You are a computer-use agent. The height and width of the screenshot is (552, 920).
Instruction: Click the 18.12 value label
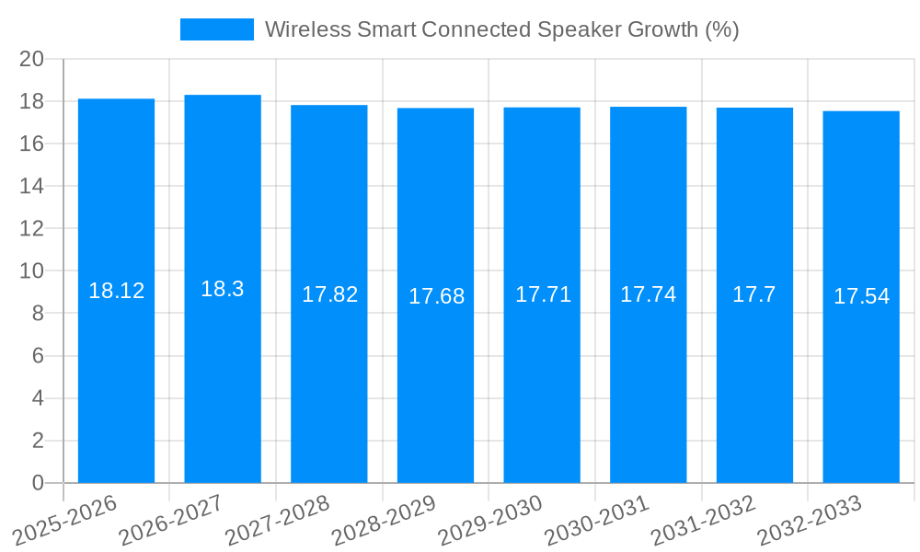(116, 291)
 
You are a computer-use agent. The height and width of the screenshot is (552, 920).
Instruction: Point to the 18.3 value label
(223, 289)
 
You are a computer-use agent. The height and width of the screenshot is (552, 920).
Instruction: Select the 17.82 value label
(329, 294)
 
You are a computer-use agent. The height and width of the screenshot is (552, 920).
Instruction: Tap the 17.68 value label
(436, 296)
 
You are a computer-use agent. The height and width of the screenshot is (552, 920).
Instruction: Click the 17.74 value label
(648, 294)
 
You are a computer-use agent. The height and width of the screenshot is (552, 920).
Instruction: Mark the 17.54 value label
(861, 296)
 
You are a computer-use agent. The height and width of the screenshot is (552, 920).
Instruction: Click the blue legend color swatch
(216, 29)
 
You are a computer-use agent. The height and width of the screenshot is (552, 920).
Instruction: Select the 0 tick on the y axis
(38, 483)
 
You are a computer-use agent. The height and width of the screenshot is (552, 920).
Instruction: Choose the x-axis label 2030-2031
(597, 521)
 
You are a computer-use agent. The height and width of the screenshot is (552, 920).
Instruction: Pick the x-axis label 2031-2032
(704, 521)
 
